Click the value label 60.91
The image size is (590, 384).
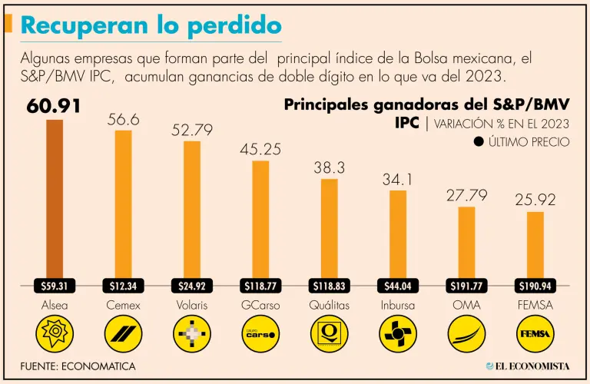click(x=54, y=106)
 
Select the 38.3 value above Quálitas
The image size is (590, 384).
click(x=329, y=167)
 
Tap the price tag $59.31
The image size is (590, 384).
click(x=55, y=286)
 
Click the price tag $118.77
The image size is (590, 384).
click(x=260, y=286)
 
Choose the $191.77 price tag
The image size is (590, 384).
click(x=466, y=286)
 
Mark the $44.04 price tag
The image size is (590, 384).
click(x=398, y=286)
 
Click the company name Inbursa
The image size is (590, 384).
click(x=398, y=305)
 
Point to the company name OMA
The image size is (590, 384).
click(x=466, y=305)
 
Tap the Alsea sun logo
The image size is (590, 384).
click(x=55, y=334)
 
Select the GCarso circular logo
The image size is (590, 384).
click(x=260, y=334)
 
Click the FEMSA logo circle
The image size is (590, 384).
click(x=535, y=334)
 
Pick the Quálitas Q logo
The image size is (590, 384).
click(x=329, y=334)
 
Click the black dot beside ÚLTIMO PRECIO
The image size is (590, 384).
click(x=479, y=141)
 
